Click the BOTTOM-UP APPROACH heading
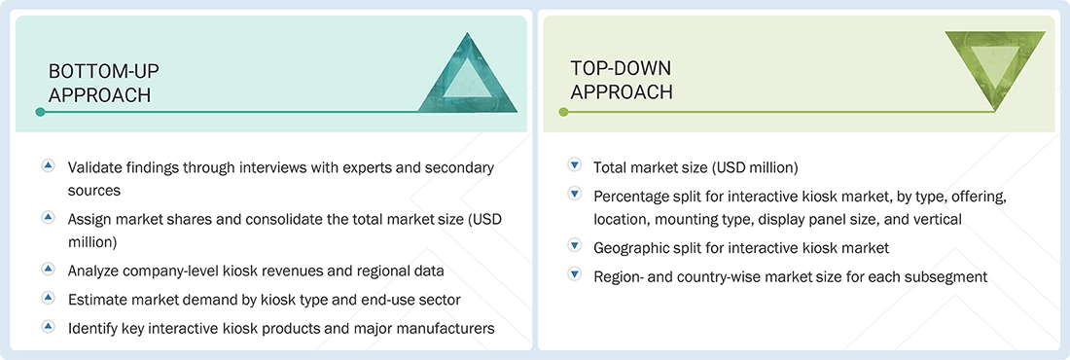click(104, 83)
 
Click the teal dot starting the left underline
click(40, 112)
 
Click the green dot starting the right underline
click(562, 112)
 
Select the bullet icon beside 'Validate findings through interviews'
click(48, 166)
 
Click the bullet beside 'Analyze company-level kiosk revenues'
click(48, 267)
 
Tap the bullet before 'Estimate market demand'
click(48, 297)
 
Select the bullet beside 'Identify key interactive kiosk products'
click(48, 327)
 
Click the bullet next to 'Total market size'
click(575, 166)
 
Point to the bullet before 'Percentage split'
click(575, 195)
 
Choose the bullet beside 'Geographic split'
click(575, 246)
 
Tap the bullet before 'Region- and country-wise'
click(575, 275)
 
